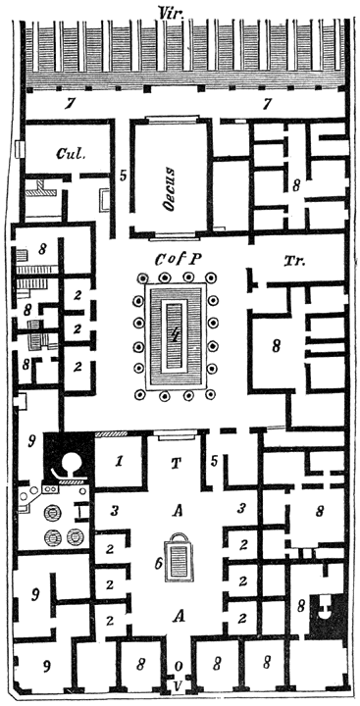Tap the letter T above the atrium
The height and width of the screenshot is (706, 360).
178,464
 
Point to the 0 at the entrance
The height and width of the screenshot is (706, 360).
178,668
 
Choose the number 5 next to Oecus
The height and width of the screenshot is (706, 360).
123,176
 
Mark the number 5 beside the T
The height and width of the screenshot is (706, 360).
214,461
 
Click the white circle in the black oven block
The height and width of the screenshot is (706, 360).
70,462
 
